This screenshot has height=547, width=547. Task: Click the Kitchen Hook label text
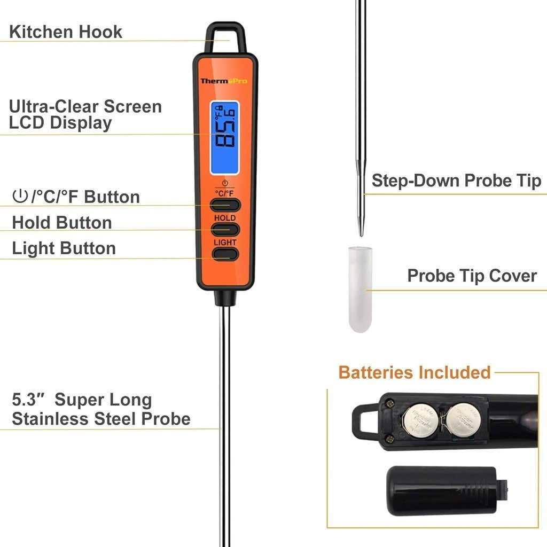coord(66,32)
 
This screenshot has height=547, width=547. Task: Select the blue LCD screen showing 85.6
coord(224,138)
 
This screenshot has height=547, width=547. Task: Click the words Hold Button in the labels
coord(62,222)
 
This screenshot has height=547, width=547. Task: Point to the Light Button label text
coord(64,248)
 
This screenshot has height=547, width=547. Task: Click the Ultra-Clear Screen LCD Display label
coord(85,114)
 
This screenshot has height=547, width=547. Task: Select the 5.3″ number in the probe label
coord(27,400)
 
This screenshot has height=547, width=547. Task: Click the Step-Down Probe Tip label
coord(456,181)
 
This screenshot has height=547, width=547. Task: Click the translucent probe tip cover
coord(360,288)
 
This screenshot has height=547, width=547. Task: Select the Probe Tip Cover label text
coord(472,276)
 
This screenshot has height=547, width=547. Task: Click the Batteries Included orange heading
coord(415,372)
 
